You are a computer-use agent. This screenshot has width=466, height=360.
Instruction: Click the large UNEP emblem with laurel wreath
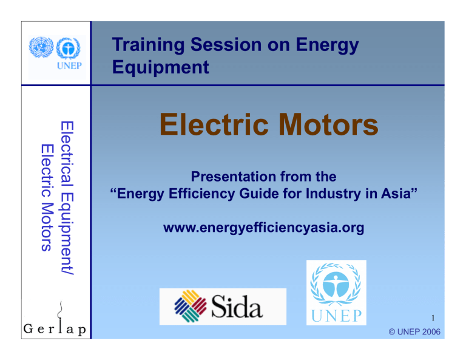336,285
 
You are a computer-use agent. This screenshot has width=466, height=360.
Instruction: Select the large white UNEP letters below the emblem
336,316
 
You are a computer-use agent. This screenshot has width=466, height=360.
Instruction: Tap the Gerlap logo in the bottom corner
55,331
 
